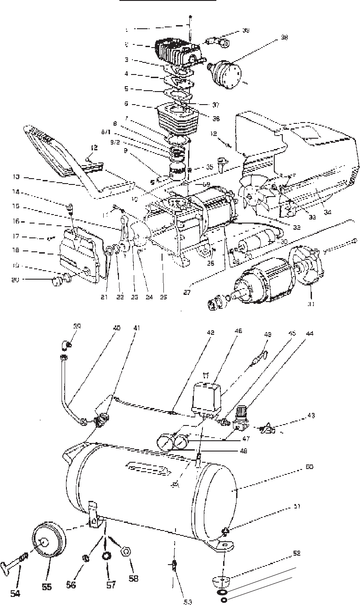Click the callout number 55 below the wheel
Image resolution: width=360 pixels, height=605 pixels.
(x=47, y=587)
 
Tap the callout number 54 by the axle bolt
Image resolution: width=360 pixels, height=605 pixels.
(x=15, y=593)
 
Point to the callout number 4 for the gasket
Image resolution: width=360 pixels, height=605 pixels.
(x=127, y=73)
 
